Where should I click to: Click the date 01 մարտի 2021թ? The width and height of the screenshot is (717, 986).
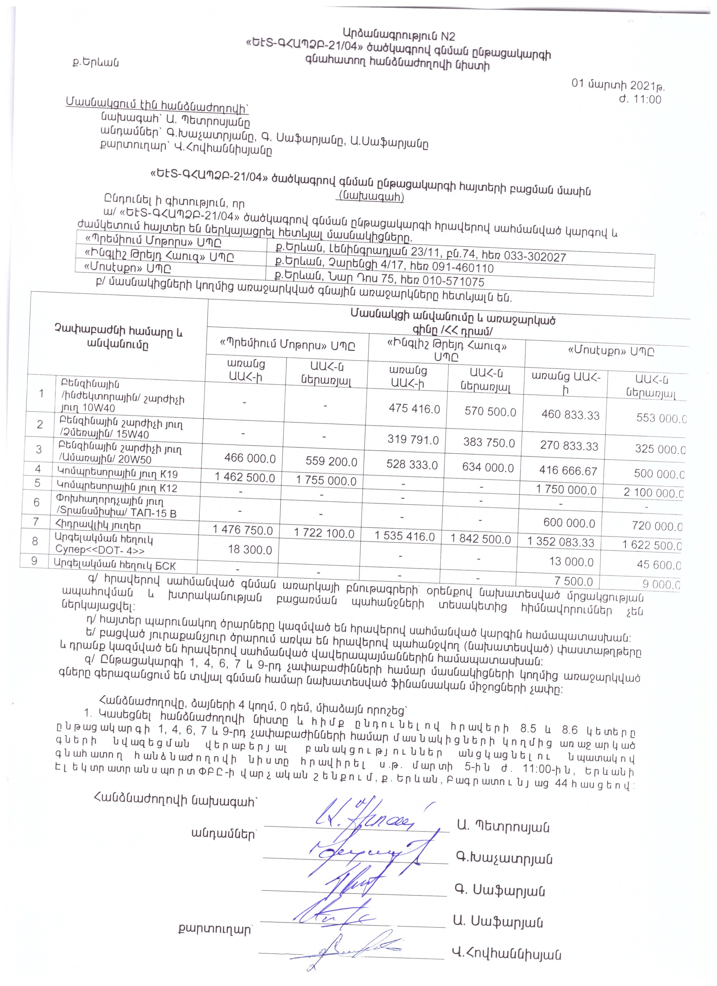618,84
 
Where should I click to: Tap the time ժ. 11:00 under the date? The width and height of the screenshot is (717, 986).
640,99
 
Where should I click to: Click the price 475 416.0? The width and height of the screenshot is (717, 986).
414,409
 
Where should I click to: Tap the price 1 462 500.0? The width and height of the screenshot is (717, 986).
245,477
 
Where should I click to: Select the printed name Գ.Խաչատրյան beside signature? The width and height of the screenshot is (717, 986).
503,859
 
